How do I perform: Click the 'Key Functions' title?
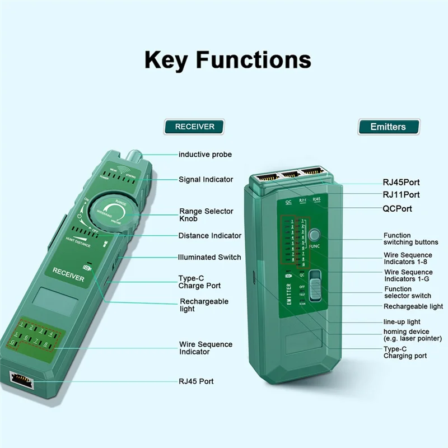[227, 60]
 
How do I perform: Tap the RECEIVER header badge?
[194, 127]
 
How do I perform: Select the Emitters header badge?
[388, 127]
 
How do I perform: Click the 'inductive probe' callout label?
[205, 155]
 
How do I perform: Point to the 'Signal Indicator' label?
[206, 180]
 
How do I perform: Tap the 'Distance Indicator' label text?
[210, 236]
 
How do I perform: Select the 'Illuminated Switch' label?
[209, 257]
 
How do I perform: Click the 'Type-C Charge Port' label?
[199, 282]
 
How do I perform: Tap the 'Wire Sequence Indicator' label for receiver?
[206, 348]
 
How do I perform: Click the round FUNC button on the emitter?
[314, 235]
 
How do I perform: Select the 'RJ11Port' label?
[401, 195]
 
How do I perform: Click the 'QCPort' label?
[397, 209]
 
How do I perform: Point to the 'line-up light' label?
[402, 322]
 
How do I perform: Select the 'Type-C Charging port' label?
[405, 352]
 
